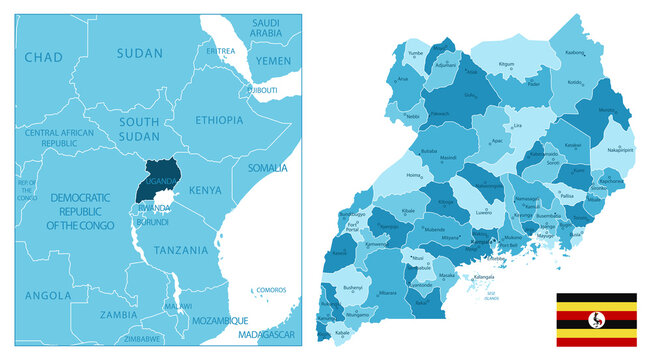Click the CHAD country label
coord(42,57)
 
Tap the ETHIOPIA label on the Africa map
coord(219,120)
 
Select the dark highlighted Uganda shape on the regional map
coord(159,178)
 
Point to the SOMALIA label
coord(267,167)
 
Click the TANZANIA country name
coord(182,249)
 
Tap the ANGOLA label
coord(48,295)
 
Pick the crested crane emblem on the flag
coord(597,320)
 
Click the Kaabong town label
coord(574,52)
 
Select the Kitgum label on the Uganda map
coord(506,64)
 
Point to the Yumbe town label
coord(416,52)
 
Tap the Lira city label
coord(517,128)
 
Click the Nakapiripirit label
coord(619,150)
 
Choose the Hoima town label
coord(412,175)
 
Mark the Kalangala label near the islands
coord(484,275)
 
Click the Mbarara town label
coord(388,293)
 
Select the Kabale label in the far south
coord(342,332)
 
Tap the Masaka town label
coord(447,275)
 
